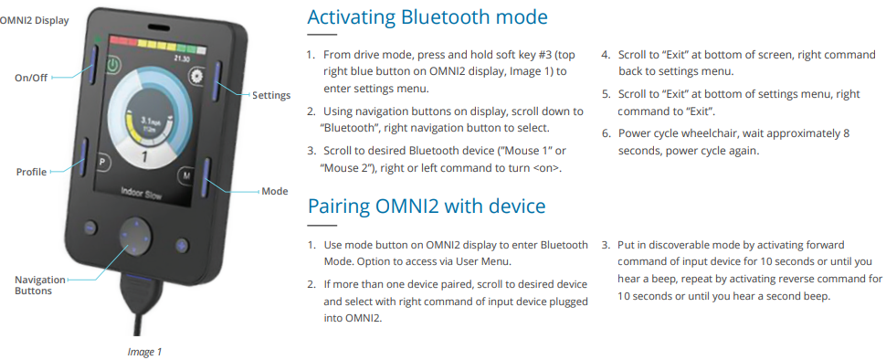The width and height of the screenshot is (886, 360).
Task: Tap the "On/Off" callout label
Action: point(32,79)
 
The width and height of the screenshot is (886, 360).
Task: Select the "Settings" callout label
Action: point(271,95)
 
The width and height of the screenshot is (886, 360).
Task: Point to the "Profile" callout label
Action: point(31,172)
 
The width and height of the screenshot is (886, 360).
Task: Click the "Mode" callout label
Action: point(275,192)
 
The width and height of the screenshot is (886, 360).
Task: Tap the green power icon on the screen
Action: point(111,66)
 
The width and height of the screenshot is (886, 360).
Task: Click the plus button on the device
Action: point(181,245)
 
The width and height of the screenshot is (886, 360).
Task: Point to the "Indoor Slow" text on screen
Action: point(142,194)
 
